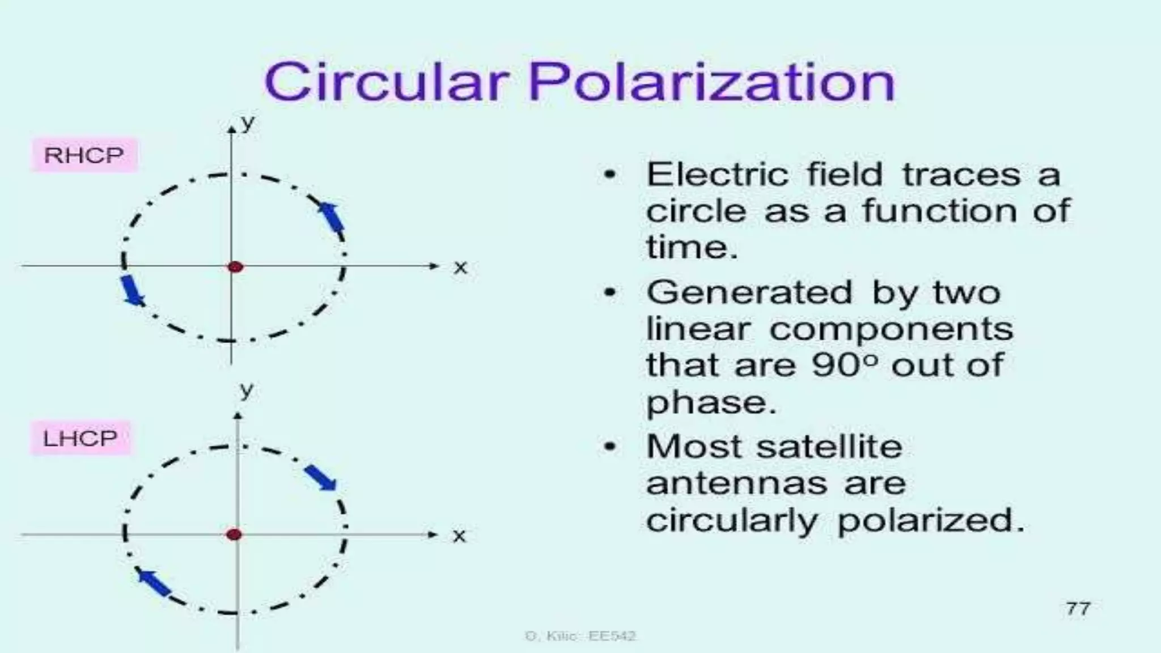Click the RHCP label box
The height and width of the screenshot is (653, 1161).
pyautogui.click(x=84, y=155)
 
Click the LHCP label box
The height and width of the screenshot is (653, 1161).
pyautogui.click(x=80, y=438)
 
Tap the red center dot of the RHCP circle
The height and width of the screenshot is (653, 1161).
pyautogui.click(x=235, y=266)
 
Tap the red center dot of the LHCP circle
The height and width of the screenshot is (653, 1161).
pyautogui.click(x=234, y=534)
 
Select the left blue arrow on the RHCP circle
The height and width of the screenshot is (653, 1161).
pyautogui.click(x=133, y=290)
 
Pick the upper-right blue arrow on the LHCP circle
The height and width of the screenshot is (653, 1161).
pyautogui.click(x=321, y=477)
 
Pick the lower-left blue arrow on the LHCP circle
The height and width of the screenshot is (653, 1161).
pyautogui.click(x=154, y=583)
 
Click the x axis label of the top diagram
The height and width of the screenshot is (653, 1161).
pyautogui.click(x=460, y=267)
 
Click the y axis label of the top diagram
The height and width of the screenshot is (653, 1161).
pyautogui.click(x=248, y=122)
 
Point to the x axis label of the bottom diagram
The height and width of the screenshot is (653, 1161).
pyautogui.click(x=459, y=535)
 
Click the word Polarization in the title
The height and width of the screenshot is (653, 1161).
pyautogui.click(x=712, y=83)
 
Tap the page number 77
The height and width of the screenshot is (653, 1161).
pyautogui.click(x=1077, y=609)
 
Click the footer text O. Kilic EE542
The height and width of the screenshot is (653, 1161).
pyautogui.click(x=580, y=636)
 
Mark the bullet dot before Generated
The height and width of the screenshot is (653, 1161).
pyautogui.click(x=609, y=293)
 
